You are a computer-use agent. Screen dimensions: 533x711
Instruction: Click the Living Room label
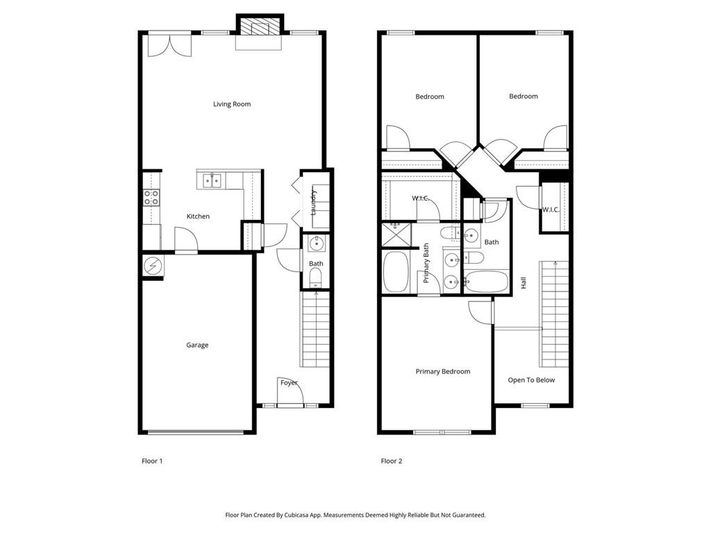click(x=232, y=104)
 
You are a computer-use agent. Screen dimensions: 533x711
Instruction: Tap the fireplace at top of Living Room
click(x=260, y=28)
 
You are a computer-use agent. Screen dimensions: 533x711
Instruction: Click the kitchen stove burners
click(x=151, y=197)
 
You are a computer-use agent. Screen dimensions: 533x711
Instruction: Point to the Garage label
click(x=197, y=345)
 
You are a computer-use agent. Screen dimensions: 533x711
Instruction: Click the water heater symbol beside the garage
click(x=152, y=265)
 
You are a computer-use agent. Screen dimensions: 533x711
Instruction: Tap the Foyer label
click(x=289, y=382)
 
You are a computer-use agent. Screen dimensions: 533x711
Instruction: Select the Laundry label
click(x=314, y=201)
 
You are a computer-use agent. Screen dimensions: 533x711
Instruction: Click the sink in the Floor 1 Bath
click(x=317, y=243)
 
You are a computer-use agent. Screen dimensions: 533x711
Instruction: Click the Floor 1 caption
click(x=152, y=461)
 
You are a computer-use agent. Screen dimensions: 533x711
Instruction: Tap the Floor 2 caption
click(x=392, y=461)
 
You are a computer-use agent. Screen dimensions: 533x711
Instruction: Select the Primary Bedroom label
click(x=443, y=371)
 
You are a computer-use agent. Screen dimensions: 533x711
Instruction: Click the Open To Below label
click(x=531, y=380)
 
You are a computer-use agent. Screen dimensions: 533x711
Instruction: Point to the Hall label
click(x=524, y=283)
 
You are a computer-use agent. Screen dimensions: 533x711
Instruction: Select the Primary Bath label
click(x=426, y=263)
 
